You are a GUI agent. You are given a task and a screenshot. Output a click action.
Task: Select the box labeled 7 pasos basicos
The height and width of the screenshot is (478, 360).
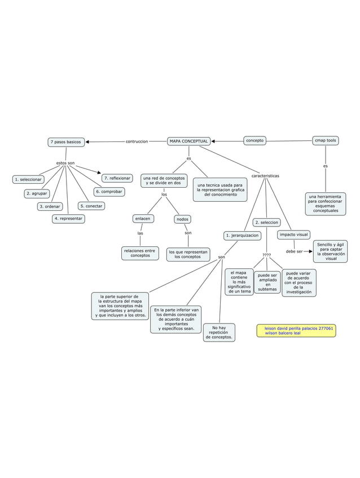coord(66,142)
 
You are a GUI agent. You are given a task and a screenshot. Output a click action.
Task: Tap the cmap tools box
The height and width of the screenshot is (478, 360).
coord(326,140)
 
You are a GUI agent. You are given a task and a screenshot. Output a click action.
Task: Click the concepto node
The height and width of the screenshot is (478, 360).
coord(254,140)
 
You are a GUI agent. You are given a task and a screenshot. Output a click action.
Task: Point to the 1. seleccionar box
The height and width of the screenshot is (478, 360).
coord(28,179)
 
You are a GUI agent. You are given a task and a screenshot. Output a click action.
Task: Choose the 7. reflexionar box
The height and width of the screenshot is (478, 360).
coord(117,178)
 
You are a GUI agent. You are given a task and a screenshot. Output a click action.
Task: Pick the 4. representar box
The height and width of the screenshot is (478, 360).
coord(68,218)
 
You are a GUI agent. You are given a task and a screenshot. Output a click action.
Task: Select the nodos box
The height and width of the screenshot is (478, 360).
coord(183,219)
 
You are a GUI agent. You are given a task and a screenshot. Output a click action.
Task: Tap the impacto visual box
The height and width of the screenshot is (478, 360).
coord(293,234)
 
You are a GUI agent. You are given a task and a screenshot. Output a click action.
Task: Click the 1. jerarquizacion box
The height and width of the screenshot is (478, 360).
coord(242,235)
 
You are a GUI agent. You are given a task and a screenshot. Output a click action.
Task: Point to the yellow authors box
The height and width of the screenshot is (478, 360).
coord(296,330)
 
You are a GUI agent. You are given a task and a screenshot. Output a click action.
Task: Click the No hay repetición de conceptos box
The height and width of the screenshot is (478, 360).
coord(219,333)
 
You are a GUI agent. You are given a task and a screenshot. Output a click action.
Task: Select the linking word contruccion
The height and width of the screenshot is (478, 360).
coord(137,141)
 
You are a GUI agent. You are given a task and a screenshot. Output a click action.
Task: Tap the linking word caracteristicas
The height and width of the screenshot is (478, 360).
coord(265,176)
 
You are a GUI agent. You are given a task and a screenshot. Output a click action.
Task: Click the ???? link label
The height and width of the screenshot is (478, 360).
coord(266,255)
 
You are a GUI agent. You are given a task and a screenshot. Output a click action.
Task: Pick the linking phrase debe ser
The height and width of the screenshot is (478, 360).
coord(294,251)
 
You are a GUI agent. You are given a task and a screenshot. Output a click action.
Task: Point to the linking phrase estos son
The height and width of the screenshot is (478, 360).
coord(65,163)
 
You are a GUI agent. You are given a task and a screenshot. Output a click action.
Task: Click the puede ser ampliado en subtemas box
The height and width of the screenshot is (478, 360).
coord(267,282)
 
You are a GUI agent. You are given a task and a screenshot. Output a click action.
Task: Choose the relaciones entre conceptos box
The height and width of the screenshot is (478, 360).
coord(140,253)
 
